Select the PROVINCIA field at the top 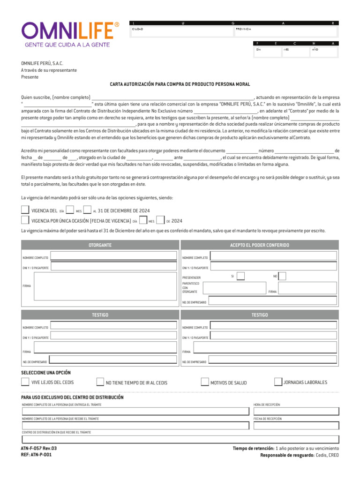[285, 32]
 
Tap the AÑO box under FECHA [323, 52]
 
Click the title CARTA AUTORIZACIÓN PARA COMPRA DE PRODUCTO [180, 84]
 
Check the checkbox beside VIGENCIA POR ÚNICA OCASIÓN [25, 220]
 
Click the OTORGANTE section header [100, 245]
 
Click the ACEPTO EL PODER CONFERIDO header [259, 245]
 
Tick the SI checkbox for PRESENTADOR [240, 276]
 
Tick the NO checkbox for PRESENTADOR [282, 276]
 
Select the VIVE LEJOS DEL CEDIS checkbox [25, 382]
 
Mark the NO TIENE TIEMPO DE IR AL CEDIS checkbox [100, 382]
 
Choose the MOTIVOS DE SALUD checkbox [204, 382]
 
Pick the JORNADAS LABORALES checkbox [278, 382]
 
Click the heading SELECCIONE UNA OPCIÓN [46, 373]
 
